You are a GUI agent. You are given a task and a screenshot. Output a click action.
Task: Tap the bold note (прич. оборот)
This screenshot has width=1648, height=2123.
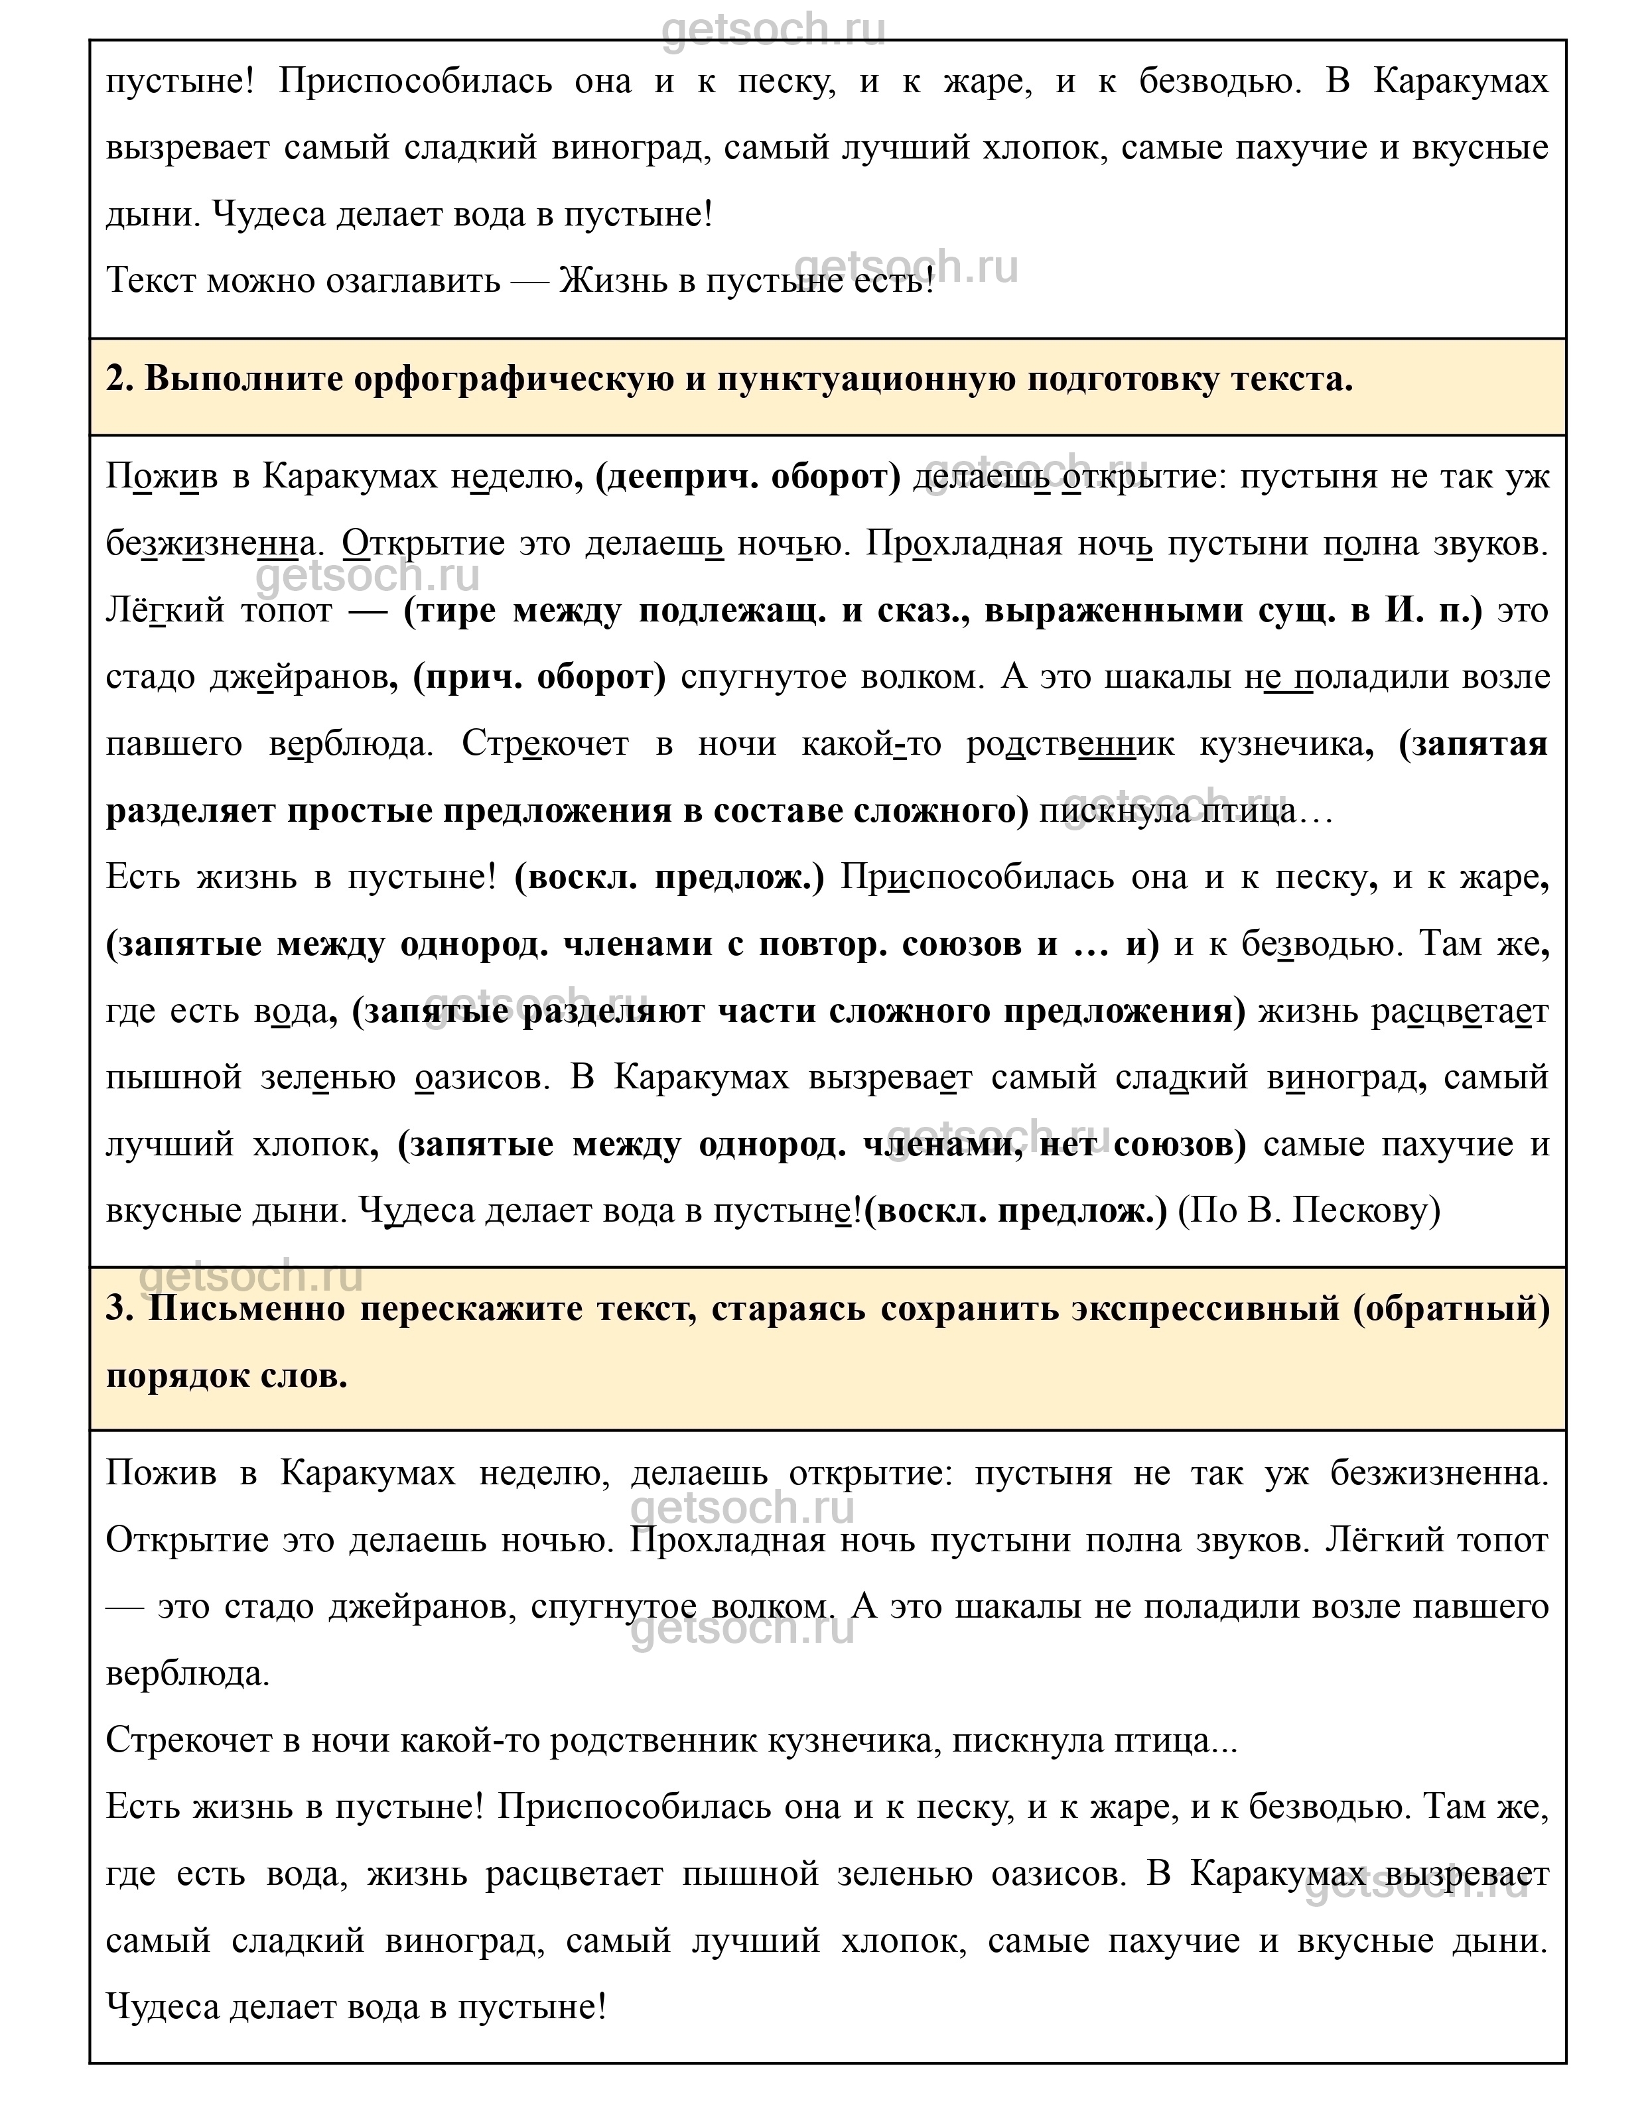click(x=539, y=678)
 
